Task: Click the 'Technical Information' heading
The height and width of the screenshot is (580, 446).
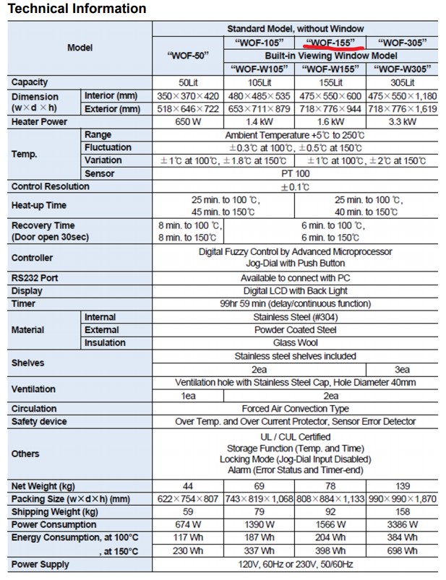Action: (77, 9)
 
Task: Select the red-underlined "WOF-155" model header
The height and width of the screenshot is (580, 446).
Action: (330, 43)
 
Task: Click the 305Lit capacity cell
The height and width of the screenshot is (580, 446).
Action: (402, 82)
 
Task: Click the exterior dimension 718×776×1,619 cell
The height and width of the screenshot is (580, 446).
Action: (402, 109)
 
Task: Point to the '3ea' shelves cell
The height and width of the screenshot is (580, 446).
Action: (402, 369)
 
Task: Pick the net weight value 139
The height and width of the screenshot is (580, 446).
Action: (402, 486)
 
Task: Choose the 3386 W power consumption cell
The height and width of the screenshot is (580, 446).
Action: (402, 525)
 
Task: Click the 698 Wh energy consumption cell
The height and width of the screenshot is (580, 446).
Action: (402, 551)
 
